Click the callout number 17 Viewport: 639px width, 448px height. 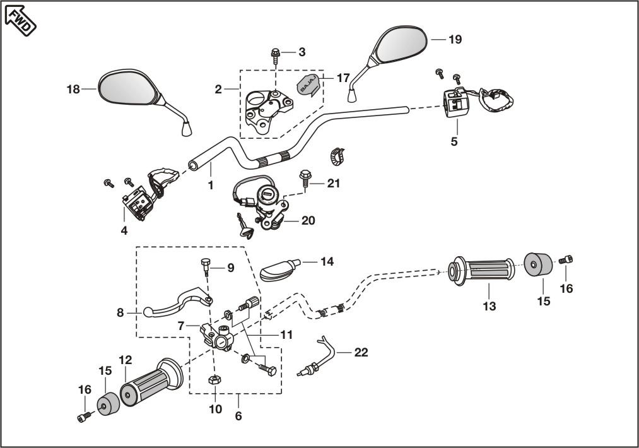click(x=343, y=78)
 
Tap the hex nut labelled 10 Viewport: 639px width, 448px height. click(x=214, y=380)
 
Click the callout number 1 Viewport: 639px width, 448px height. click(x=211, y=186)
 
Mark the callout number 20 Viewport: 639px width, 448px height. click(x=308, y=221)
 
